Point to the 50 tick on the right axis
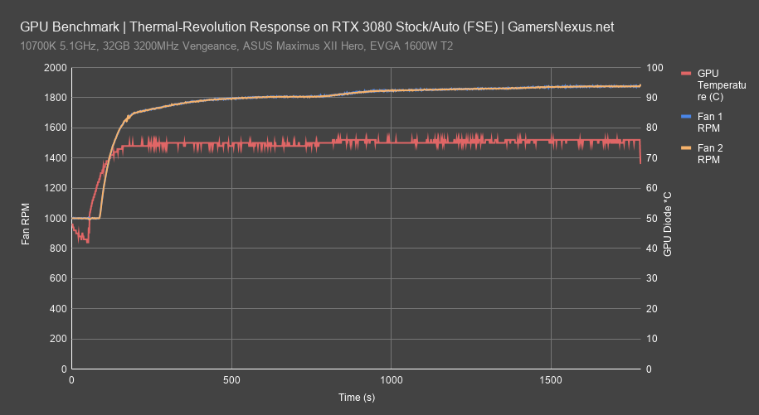pos(654,219)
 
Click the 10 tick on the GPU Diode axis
pos(654,340)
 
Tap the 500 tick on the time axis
pos(231,381)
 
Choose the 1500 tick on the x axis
pos(551,381)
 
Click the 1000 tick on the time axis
pos(392,381)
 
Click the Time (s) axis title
pos(356,398)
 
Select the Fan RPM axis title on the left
pos(27,219)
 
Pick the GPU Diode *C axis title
pos(668,223)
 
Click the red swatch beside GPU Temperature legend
pos(685,74)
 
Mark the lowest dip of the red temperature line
pos(88,242)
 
